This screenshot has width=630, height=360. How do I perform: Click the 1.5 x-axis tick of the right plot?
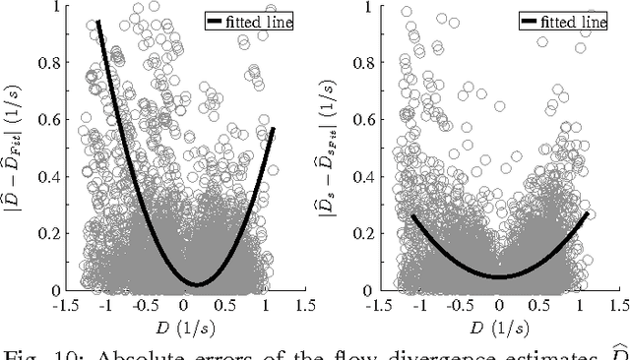(611, 306)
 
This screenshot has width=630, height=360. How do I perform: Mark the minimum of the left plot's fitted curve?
(197, 284)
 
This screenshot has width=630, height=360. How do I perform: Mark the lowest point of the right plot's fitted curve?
(500, 276)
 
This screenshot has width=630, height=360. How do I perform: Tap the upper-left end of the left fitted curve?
(98, 22)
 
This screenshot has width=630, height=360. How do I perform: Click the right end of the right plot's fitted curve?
(588, 212)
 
